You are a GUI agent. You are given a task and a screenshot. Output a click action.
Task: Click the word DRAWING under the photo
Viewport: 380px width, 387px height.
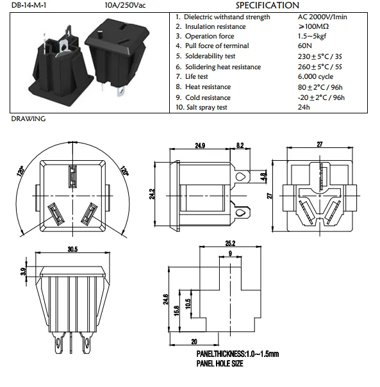[x=28, y=119]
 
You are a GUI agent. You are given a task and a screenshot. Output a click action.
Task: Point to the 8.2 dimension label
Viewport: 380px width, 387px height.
[x=240, y=146]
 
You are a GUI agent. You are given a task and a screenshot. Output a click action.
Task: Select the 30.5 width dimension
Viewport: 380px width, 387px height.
[x=72, y=249]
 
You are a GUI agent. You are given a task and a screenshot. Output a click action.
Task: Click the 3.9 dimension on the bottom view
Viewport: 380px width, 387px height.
[x=24, y=272]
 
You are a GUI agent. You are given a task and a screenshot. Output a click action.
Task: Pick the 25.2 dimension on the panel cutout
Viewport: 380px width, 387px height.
[x=231, y=243]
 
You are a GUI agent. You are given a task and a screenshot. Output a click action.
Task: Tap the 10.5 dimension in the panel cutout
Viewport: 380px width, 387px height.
[x=187, y=304]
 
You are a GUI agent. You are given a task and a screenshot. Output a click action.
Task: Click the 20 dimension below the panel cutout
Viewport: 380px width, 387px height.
[x=194, y=342]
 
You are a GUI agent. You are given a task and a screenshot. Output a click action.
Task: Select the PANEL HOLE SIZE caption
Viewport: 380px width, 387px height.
[x=220, y=363]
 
